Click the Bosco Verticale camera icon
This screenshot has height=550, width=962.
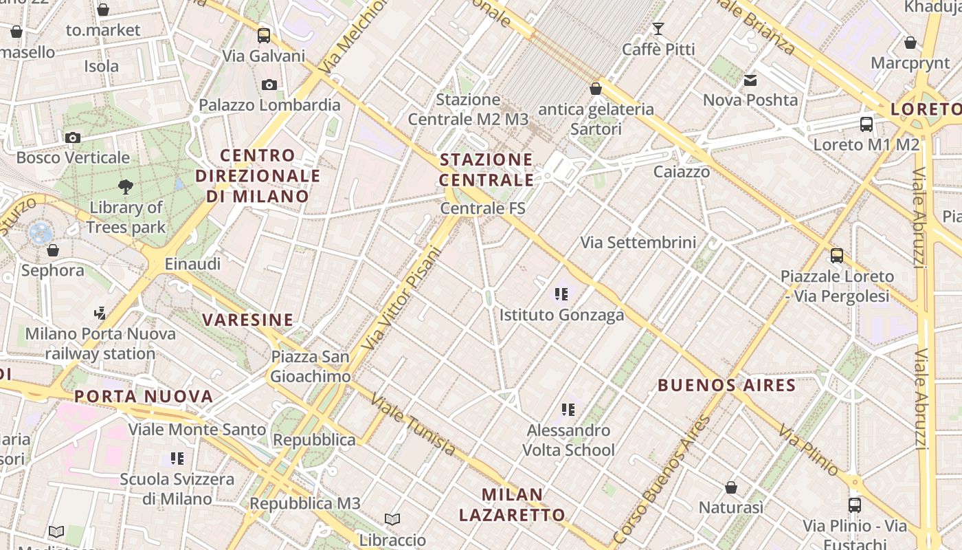pos(73,137)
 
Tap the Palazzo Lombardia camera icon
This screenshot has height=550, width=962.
pos(269,85)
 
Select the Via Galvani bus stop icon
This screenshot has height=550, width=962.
pos(264,35)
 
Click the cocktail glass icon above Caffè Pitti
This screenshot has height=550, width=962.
pos(658,29)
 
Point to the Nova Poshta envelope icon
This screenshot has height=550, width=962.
pos(750,80)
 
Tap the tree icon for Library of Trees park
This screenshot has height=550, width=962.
pos(126,186)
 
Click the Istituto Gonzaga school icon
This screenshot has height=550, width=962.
pos(561,294)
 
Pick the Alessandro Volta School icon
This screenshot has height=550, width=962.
pos(568,410)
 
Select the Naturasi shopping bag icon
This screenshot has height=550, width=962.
pos(731,487)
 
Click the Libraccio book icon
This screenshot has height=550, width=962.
pos(392,520)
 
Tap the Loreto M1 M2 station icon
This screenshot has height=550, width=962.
pos(866,124)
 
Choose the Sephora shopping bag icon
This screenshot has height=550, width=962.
pos(53,250)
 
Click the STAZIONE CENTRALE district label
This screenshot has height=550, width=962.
pos(486,170)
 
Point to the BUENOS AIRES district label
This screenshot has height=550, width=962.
pos(727,385)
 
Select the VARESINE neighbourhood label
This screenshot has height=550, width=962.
pos(248,320)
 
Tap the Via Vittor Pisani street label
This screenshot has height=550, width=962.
pos(401,298)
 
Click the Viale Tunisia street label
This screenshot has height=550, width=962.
pos(412,424)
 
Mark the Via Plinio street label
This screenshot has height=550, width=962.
pos(808,450)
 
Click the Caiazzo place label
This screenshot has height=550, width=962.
pos(682,172)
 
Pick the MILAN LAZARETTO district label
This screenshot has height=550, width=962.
pos(512,504)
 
